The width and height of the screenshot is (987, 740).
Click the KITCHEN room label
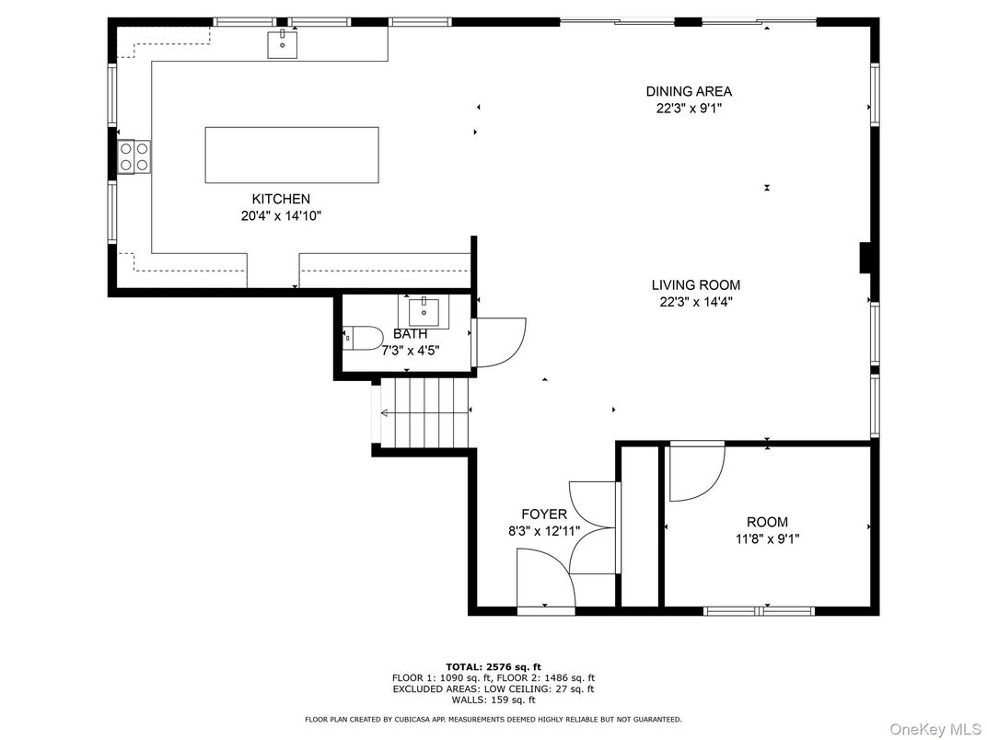pyautogui.click(x=281, y=199)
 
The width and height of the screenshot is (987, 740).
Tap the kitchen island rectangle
pyautogui.click(x=291, y=156)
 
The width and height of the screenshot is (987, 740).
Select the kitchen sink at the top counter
pyautogui.click(x=283, y=42)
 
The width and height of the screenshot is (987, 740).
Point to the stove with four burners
pyautogui.click(x=134, y=156)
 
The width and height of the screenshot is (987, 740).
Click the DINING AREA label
pyautogui.click(x=689, y=91)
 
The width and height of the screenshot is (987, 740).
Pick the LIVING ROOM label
pyautogui.click(x=695, y=285)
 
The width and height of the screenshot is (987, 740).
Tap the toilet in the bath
pyautogui.click(x=362, y=339)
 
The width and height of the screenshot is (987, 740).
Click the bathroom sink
pyautogui.click(x=424, y=312)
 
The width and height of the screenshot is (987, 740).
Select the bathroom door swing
pyautogui.click(x=497, y=341)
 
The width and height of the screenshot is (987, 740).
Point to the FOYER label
pyautogui.click(x=544, y=514)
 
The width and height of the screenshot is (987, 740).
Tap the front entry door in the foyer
pyautogui.click(x=545, y=580)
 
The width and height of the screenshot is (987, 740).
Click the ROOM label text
pyautogui.click(x=767, y=522)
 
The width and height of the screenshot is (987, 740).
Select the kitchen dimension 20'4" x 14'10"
pyautogui.click(x=281, y=216)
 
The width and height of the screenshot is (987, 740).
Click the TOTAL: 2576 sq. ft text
pyautogui.click(x=493, y=666)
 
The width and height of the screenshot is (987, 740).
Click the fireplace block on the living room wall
pyautogui.click(x=865, y=258)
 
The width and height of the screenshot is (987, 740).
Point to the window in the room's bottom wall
pyautogui.click(x=760, y=609)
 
